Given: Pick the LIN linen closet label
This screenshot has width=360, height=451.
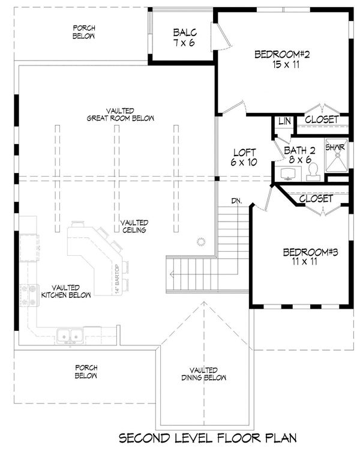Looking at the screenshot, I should pos(284,121).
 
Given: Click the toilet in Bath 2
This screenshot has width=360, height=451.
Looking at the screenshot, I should pos(312,173).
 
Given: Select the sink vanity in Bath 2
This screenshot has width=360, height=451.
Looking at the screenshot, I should pos(287,174).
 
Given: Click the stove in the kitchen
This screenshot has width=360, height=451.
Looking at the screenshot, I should pos(27,295).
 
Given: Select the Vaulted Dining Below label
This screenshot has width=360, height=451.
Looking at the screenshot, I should pos(203,374).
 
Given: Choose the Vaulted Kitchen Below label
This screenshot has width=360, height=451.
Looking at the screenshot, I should pos(71,291).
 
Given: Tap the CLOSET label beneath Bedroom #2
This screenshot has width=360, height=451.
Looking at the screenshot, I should pos(322,120).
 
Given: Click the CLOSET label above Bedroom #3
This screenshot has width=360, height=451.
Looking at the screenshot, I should pos(316,198).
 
